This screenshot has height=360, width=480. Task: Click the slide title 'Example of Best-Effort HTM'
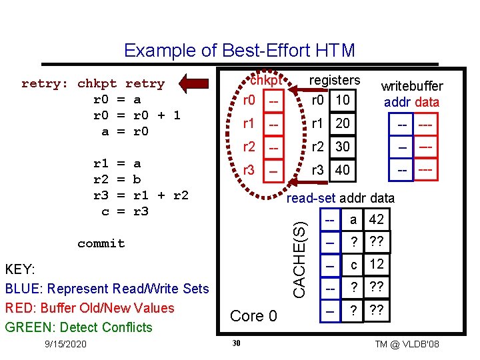click(x=239, y=51)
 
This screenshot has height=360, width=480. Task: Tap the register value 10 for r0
click(x=343, y=100)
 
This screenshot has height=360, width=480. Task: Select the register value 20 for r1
click(x=343, y=123)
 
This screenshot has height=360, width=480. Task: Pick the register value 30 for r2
click(x=343, y=147)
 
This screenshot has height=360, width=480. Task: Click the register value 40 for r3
click(x=343, y=170)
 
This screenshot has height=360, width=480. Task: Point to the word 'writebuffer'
click(x=411, y=86)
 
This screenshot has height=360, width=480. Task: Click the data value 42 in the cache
click(x=376, y=219)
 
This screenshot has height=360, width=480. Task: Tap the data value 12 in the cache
click(x=376, y=264)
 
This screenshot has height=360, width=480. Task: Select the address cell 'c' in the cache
click(x=353, y=264)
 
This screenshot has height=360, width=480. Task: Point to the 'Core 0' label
click(x=253, y=315)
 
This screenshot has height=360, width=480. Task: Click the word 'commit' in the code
click(x=101, y=243)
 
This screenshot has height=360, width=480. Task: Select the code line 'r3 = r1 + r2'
click(x=141, y=195)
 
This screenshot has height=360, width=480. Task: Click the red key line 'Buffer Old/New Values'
click(x=89, y=308)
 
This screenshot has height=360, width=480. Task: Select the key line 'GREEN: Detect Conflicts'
click(x=79, y=327)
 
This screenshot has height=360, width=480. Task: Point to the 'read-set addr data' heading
click(x=340, y=198)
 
